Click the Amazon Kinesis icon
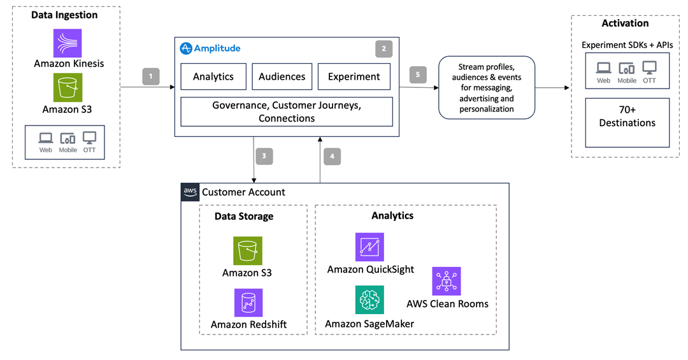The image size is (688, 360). point(68,43)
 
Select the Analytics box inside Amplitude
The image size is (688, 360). point(213,76)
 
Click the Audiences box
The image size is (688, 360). point(282,76)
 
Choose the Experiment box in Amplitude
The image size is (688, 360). point(354,76)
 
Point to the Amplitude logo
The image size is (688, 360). point(186,48)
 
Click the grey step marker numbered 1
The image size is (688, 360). point(151,76)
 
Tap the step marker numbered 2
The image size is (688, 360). point(383,48)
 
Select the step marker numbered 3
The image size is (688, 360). point(264,156)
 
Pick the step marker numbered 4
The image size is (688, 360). point(333,156)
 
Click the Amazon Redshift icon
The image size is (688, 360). point(248,303)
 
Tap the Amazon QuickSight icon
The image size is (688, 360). point(369,247)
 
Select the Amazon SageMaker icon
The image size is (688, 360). point(369,300)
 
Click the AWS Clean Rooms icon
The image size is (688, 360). point(447,281)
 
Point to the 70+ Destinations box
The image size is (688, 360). point(627,122)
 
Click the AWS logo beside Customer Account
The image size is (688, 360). point(190,192)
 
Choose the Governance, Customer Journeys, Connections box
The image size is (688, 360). point(287,111)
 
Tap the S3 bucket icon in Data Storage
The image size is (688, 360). point(247,250)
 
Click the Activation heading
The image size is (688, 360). point(625,24)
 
